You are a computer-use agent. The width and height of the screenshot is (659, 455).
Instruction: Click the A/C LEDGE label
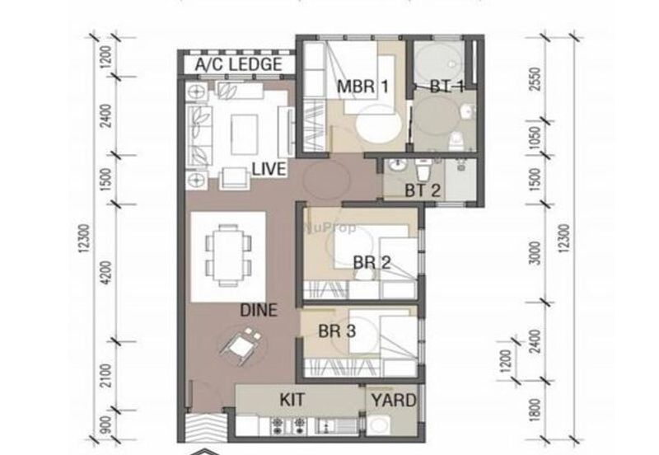(238, 64)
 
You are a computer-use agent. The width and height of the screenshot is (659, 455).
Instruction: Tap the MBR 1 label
(362, 86)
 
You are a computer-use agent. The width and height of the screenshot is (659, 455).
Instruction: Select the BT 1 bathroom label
(447, 86)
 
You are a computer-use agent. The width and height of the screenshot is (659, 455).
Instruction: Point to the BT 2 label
(423, 190)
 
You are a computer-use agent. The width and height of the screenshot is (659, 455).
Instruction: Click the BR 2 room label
(372, 263)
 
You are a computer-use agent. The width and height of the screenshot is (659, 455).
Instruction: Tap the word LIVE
(269, 169)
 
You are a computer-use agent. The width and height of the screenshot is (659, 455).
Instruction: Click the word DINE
(258, 311)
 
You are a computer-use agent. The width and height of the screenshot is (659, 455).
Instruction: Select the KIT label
(292, 399)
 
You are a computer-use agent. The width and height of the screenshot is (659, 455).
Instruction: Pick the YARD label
(394, 401)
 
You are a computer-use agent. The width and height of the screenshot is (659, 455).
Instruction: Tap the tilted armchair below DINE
(241, 345)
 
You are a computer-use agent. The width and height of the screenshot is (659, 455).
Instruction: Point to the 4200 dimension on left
(107, 272)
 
